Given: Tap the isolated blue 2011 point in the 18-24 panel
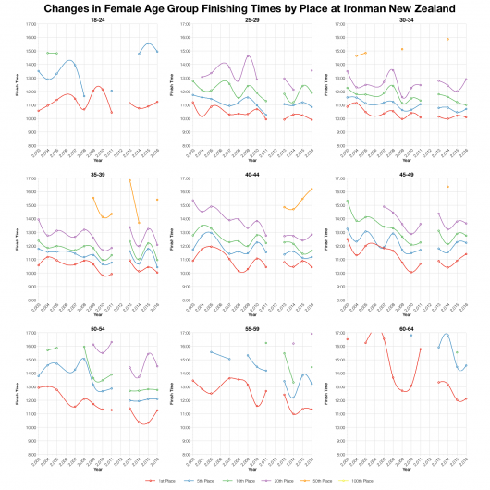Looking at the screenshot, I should coord(112,91).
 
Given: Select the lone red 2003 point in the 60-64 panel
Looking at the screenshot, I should coord(347,339).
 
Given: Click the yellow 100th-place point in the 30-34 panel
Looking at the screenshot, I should coord(448,39).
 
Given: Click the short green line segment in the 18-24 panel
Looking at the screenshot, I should coord(52,53).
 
